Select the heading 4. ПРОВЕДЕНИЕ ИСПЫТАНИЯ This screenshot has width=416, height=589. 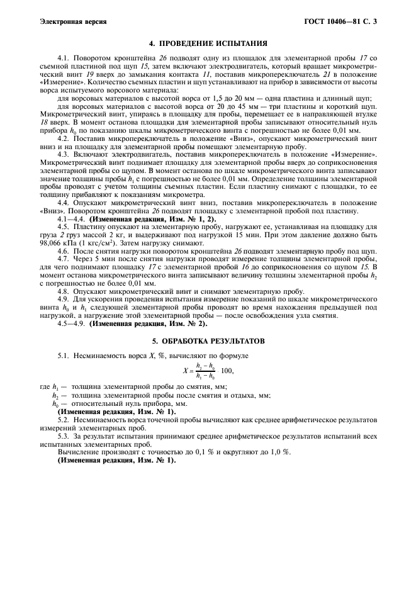tap(208, 43)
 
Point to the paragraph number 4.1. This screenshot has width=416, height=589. tap(64, 58)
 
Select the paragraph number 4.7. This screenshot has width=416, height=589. tap(64, 258)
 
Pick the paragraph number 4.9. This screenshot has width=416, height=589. tap(64, 300)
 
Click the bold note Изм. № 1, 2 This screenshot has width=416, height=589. tap(187, 219)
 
